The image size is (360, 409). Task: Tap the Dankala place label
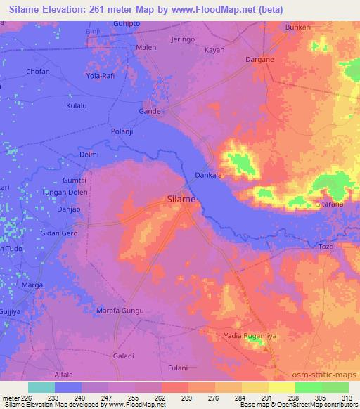209,176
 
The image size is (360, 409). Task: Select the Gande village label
150,111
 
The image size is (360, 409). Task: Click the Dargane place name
259,60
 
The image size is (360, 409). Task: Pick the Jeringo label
181,40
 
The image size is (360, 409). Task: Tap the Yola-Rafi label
100,75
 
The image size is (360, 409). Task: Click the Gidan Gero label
59,233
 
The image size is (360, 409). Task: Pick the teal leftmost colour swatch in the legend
41,387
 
